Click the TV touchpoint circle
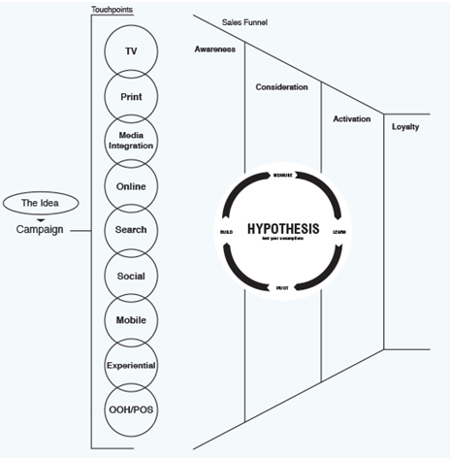click(131, 50)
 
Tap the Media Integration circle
click(131, 140)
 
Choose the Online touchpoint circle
click(131, 184)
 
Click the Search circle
click(131, 230)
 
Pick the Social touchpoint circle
click(131, 276)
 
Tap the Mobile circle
click(131, 320)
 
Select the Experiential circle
click(131, 365)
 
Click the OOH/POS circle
click(131, 409)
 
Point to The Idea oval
click(39, 203)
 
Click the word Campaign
click(40, 230)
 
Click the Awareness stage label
click(215, 50)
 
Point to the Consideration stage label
click(282, 87)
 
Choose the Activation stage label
click(351, 118)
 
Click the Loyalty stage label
click(405, 127)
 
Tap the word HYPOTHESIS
click(283, 229)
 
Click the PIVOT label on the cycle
click(282, 288)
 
